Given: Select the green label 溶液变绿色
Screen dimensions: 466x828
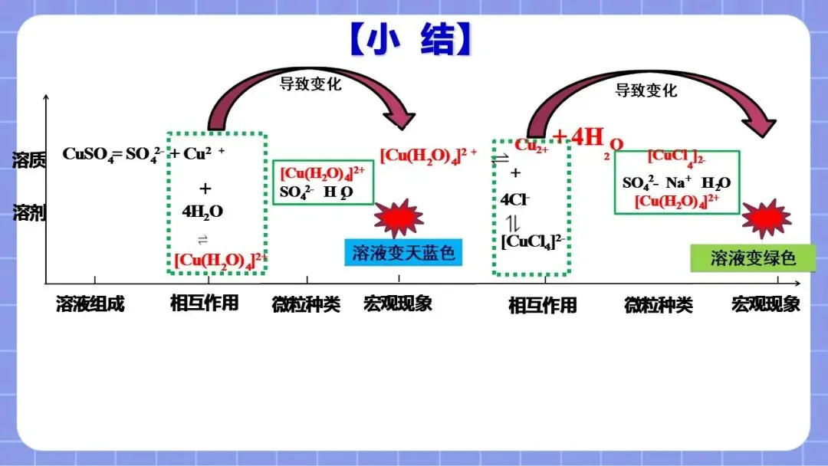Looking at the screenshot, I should click(x=753, y=258).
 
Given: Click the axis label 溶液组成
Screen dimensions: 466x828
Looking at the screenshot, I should click(x=90, y=304).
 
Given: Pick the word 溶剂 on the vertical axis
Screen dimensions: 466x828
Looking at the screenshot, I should click(x=29, y=213).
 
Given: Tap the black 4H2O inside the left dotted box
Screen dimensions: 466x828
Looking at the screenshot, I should click(x=203, y=212).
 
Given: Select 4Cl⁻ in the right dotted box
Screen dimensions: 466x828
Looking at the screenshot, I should click(x=515, y=199).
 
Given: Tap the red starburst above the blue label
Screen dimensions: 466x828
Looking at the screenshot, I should click(x=399, y=218).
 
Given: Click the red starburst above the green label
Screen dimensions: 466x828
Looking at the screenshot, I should click(x=767, y=218).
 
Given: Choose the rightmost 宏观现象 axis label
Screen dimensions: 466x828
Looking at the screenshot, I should click(x=765, y=304).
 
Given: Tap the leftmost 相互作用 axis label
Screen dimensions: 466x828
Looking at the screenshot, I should click(x=204, y=303).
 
